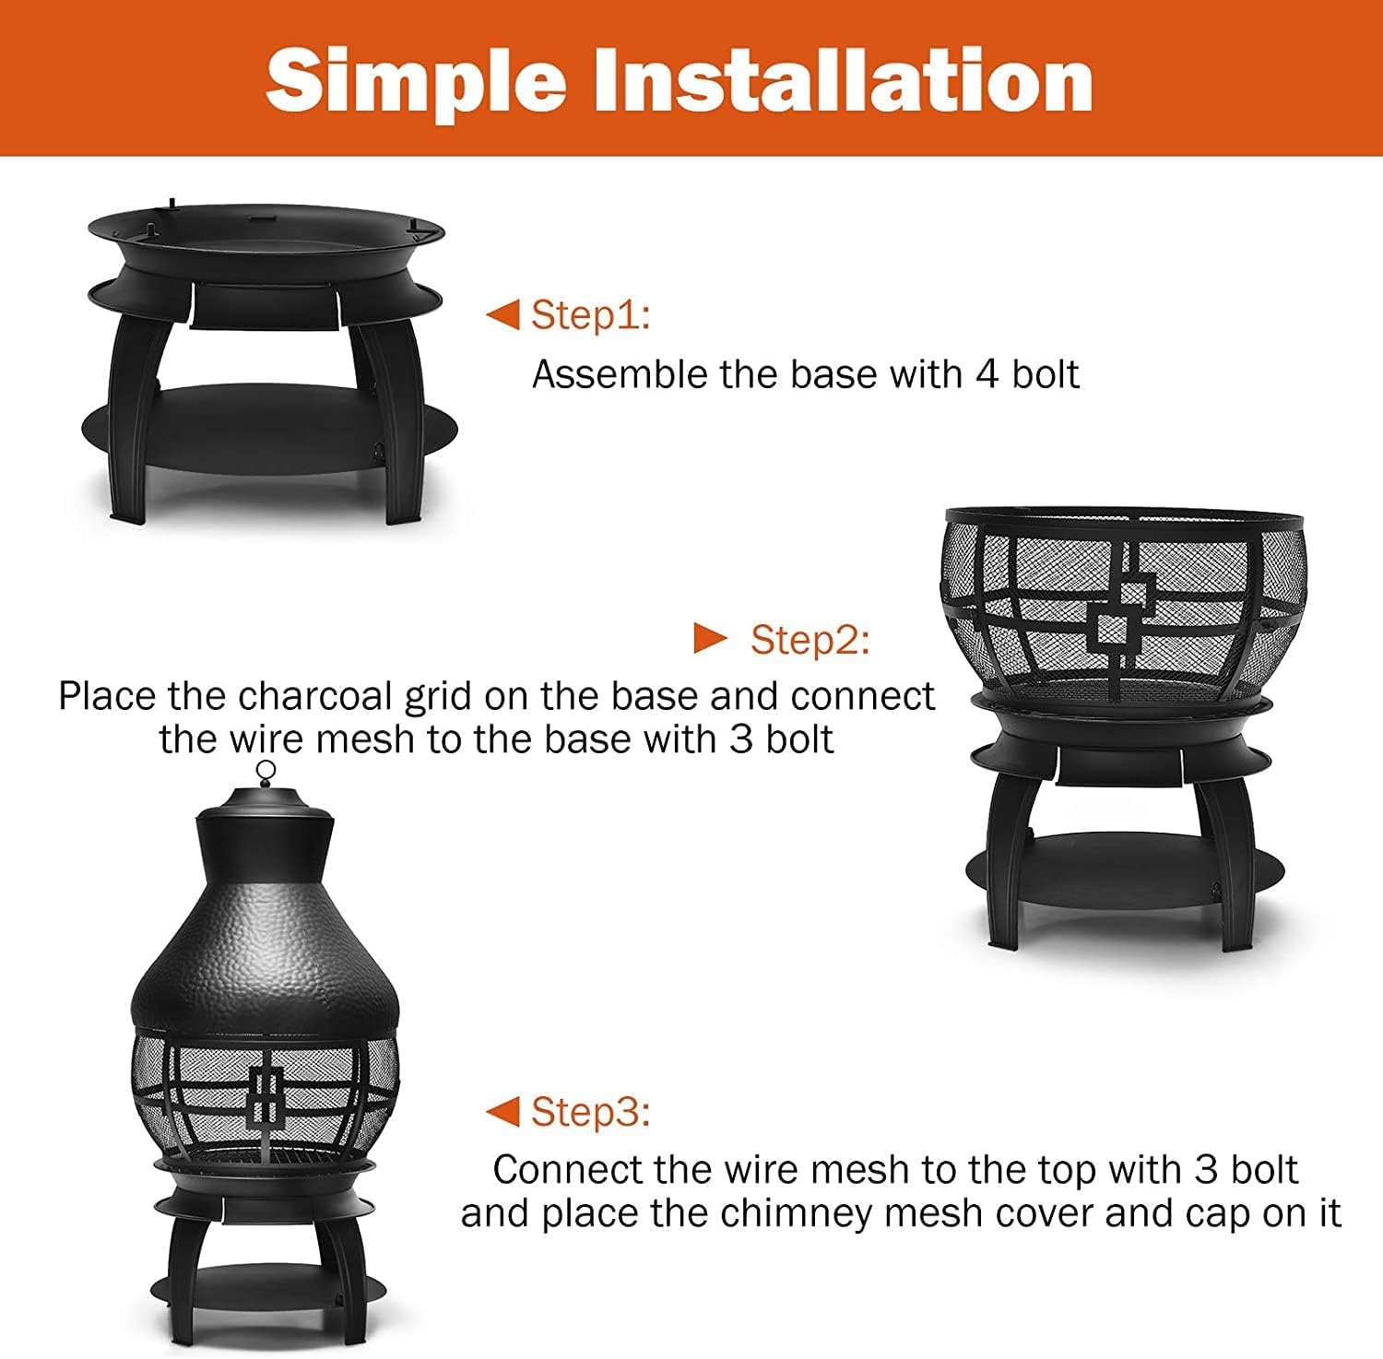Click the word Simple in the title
[415, 81]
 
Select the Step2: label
[810, 639]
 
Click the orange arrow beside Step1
[503, 314]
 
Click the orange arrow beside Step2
[710, 637]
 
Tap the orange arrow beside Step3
[503, 1111]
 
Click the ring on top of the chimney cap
[266, 771]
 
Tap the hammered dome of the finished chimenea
[266, 959]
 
